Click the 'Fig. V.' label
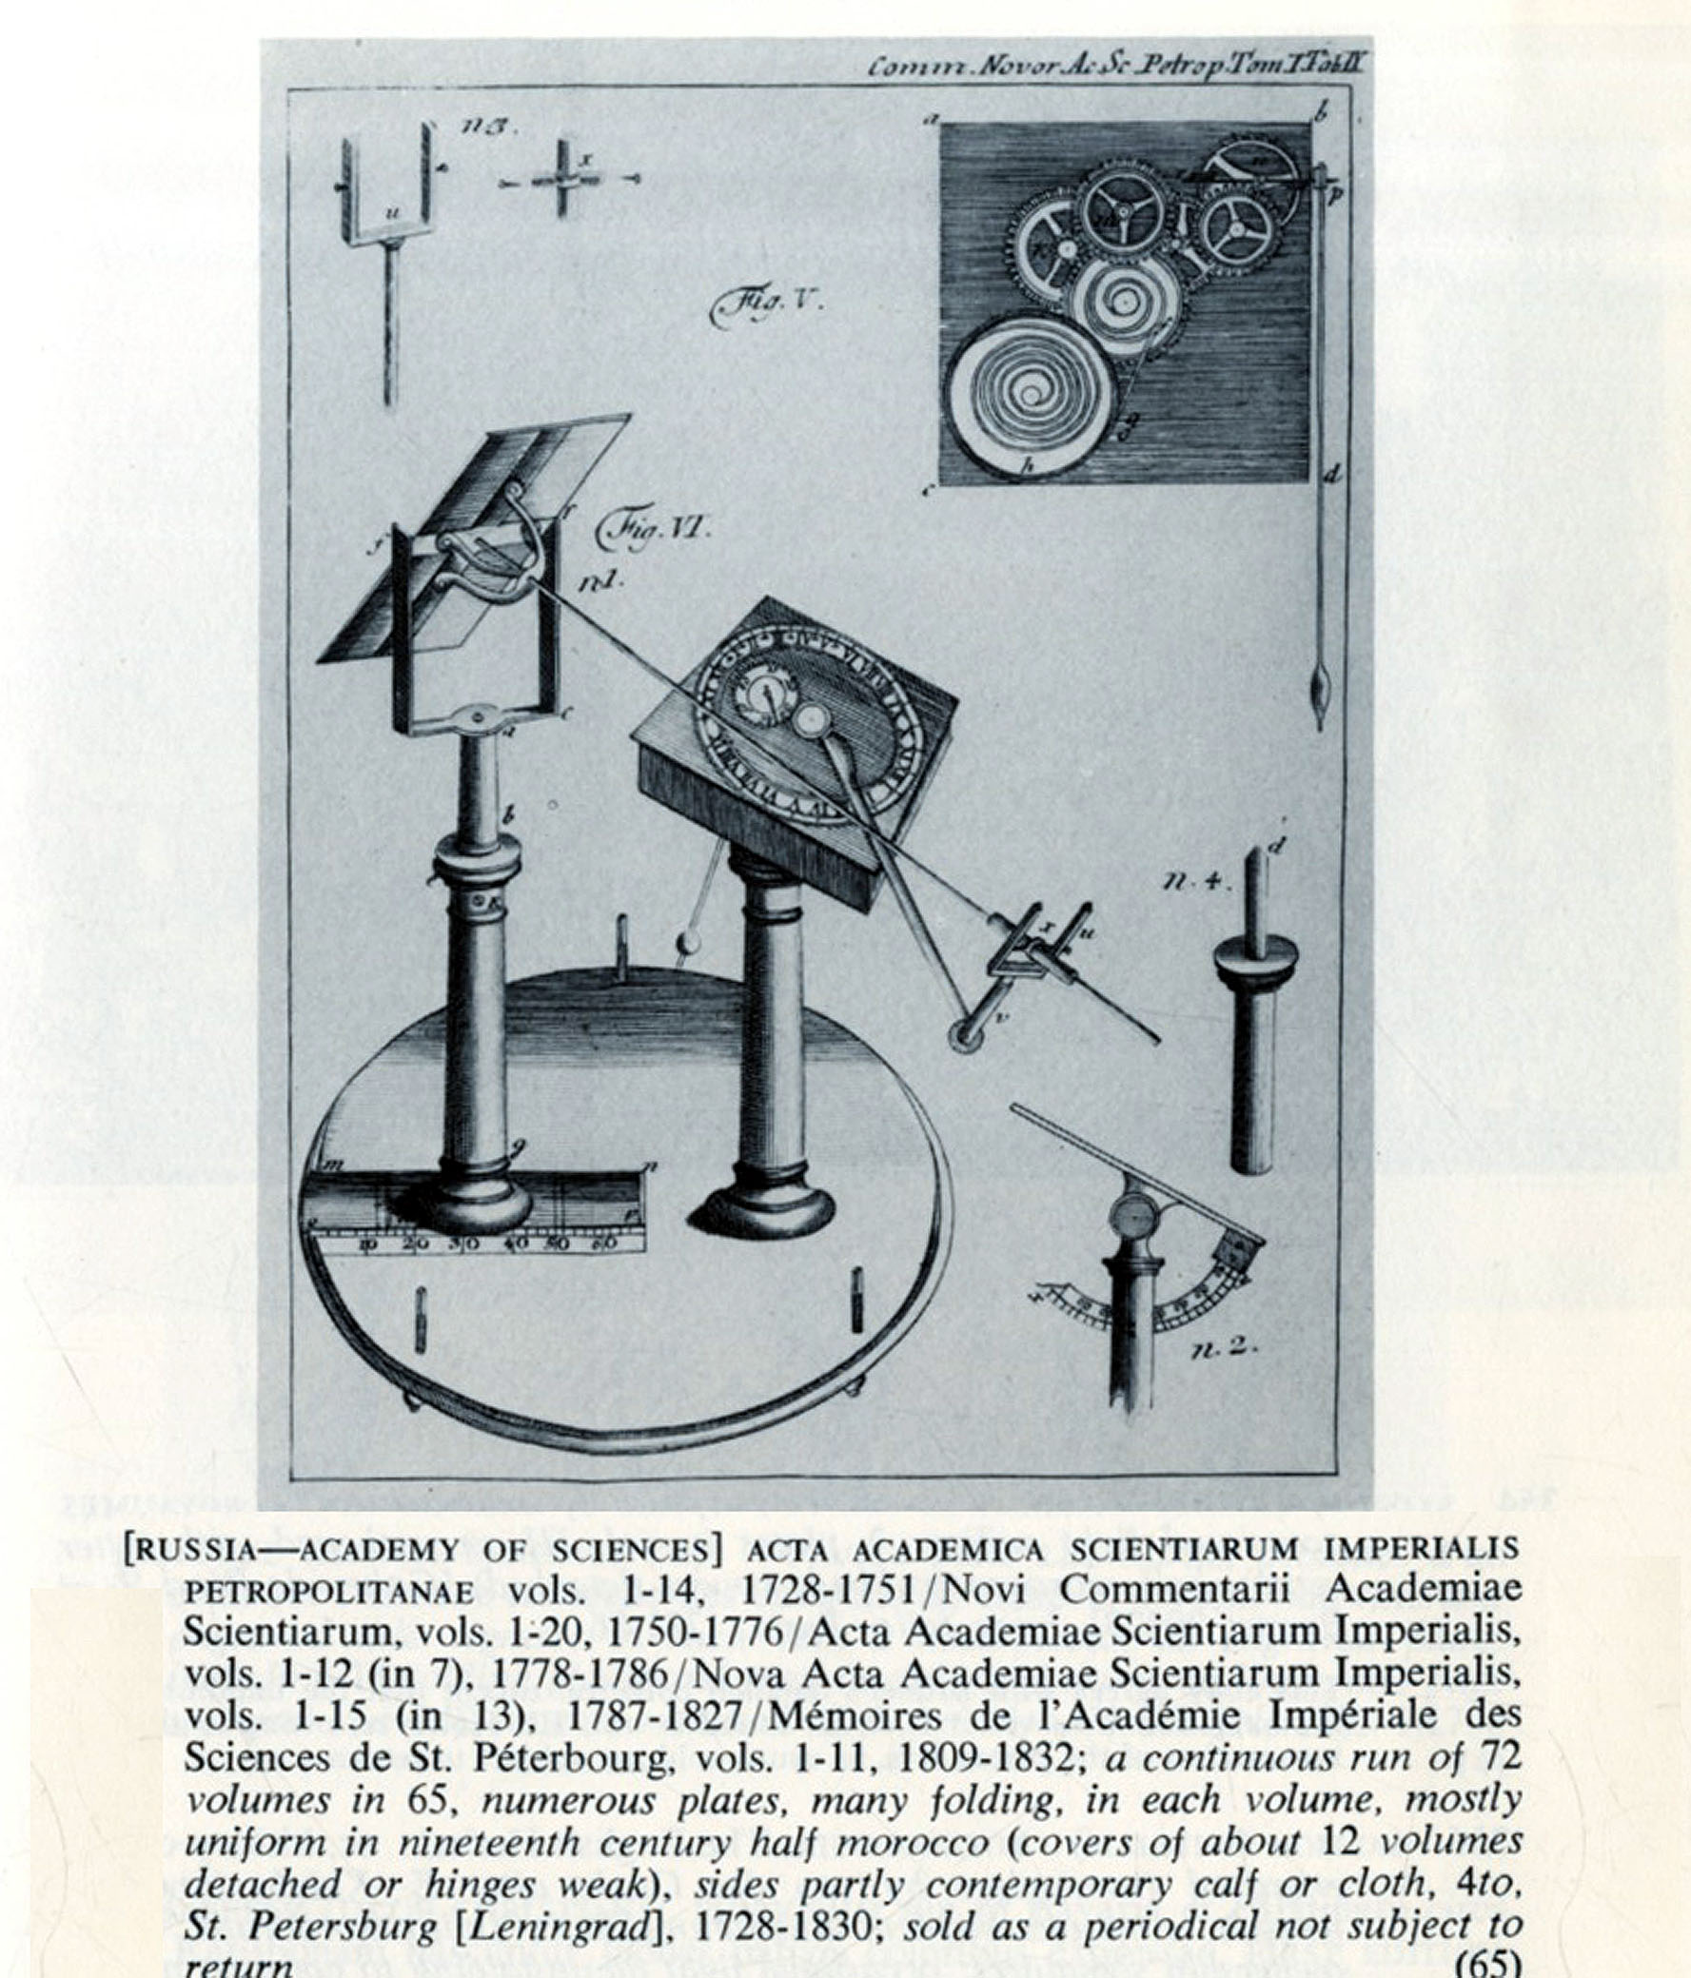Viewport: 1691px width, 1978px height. pos(764,306)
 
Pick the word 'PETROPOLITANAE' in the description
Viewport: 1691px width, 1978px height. pos(328,1592)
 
